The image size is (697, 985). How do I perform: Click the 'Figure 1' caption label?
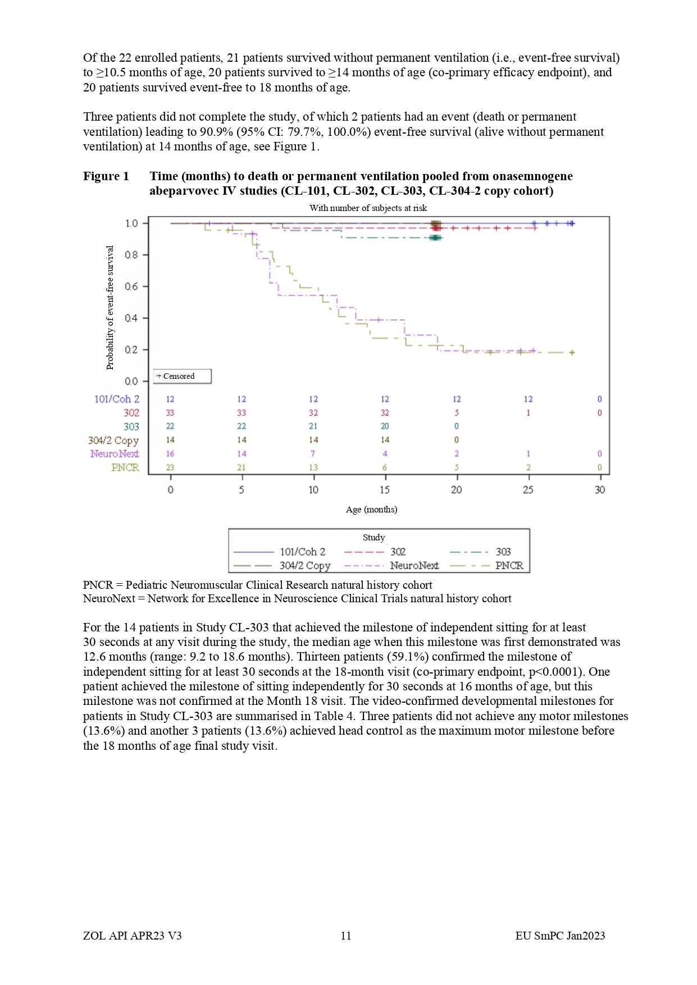pyautogui.click(x=106, y=176)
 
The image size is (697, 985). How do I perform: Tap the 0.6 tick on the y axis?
pyautogui.click(x=131, y=286)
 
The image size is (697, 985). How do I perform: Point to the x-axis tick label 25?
pyautogui.click(x=528, y=489)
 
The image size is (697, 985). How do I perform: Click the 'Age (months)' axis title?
pyautogui.click(x=371, y=510)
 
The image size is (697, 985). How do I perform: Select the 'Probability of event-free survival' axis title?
pyautogui.click(x=110, y=307)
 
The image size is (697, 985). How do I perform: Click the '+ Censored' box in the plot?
pyautogui.click(x=182, y=376)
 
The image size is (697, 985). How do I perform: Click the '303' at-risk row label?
pyautogui.click(x=131, y=427)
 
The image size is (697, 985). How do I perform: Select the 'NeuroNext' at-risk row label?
pyautogui.click(x=115, y=453)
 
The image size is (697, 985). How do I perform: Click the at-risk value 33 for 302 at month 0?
pyautogui.click(x=170, y=413)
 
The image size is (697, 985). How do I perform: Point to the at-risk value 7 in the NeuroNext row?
pyautogui.click(x=313, y=453)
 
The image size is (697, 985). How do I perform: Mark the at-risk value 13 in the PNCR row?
pyautogui.click(x=313, y=468)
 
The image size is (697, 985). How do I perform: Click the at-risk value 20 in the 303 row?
pyautogui.click(x=385, y=427)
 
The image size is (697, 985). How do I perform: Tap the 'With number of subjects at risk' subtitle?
pyautogui.click(x=368, y=208)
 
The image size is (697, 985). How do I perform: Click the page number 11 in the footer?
pyautogui.click(x=346, y=936)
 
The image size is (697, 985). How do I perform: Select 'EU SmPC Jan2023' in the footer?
pyautogui.click(x=560, y=936)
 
